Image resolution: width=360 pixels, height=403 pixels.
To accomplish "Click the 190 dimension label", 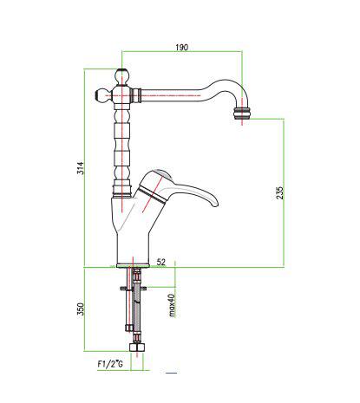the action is pyautogui.click(x=181, y=47).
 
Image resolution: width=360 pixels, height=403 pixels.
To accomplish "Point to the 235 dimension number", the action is pyautogui.click(x=279, y=193).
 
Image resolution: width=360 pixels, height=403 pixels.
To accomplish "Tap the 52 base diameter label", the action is pyautogui.click(x=161, y=262).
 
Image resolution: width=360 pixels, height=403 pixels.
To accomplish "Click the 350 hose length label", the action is pyautogui.click(x=81, y=309).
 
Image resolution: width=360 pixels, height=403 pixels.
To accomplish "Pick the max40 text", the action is pyautogui.click(x=172, y=305).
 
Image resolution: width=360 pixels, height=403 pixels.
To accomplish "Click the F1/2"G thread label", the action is pyautogui.click(x=110, y=364).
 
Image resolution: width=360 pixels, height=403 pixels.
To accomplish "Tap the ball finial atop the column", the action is pyautogui.click(x=122, y=76).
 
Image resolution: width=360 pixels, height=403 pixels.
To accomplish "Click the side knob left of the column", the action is pyautogui.click(x=101, y=95).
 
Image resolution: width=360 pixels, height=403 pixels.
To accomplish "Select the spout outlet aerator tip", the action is pyautogui.click(x=242, y=113).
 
